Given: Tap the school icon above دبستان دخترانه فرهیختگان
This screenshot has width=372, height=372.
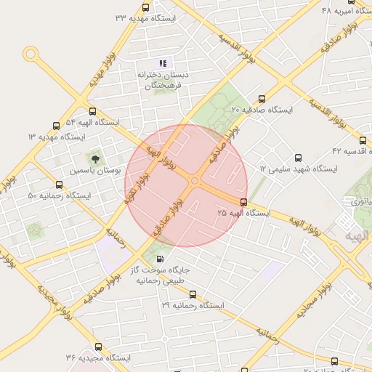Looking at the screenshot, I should click(x=163, y=63).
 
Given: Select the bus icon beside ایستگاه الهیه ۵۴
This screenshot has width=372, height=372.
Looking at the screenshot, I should click(x=92, y=112).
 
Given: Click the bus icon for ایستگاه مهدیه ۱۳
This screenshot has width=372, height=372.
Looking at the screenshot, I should click(x=56, y=126).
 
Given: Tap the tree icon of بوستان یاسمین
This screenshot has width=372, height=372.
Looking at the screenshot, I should click(x=94, y=157).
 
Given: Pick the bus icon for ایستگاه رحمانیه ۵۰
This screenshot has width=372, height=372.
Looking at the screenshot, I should click(x=59, y=185).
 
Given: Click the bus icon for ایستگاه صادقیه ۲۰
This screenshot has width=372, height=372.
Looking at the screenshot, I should click(x=262, y=100).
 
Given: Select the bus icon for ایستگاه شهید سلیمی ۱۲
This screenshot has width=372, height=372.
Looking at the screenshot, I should click(x=297, y=158).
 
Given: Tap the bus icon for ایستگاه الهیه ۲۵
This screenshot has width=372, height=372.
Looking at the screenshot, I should click(x=243, y=203).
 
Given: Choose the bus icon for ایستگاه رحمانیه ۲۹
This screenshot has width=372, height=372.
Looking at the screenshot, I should click(x=193, y=294).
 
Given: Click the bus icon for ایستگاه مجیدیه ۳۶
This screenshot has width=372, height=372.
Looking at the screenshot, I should click(x=98, y=347).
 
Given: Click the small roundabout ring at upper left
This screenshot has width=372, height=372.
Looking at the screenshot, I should click(x=30, y=53).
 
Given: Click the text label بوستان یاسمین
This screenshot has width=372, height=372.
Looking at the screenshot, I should click(x=93, y=171).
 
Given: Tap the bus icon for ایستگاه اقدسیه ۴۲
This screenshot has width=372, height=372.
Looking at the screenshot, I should click(x=363, y=140).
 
